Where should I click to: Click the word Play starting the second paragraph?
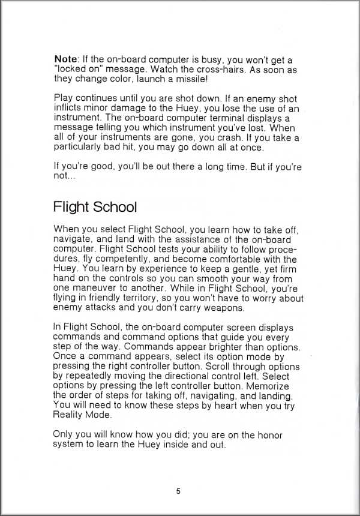[64, 98]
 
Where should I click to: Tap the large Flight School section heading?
[95, 207]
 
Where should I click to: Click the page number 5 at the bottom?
[178, 491]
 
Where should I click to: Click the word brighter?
[217, 347]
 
